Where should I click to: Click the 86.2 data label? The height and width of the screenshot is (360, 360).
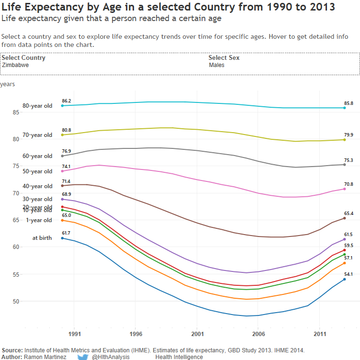(x=67, y=101)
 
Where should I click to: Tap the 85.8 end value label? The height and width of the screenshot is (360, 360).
(x=349, y=103)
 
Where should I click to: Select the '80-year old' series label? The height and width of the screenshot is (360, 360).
(x=37, y=106)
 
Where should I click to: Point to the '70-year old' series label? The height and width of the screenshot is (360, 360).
(x=37, y=135)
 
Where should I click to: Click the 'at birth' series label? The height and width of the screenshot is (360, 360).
(x=42, y=238)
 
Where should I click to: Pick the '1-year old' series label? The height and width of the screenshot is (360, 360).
(x=39, y=220)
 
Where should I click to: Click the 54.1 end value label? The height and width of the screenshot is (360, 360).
(x=349, y=274)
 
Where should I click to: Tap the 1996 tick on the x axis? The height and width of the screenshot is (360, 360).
(x=135, y=334)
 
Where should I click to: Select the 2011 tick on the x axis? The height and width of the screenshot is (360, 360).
(x=320, y=334)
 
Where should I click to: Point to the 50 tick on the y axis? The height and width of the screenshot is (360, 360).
(x=15, y=302)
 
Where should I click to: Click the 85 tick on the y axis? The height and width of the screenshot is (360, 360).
(x=15, y=112)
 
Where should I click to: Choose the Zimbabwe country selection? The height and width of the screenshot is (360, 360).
(x=15, y=65)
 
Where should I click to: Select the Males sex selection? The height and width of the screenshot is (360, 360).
(x=217, y=65)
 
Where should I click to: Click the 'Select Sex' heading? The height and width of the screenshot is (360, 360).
(x=224, y=58)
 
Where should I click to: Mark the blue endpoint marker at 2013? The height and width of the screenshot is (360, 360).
(x=344, y=279)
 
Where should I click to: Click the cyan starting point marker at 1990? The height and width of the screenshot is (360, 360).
(x=62, y=106)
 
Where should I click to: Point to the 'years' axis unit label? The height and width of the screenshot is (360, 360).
(x=8, y=84)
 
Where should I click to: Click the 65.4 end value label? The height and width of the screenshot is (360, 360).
(x=349, y=214)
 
